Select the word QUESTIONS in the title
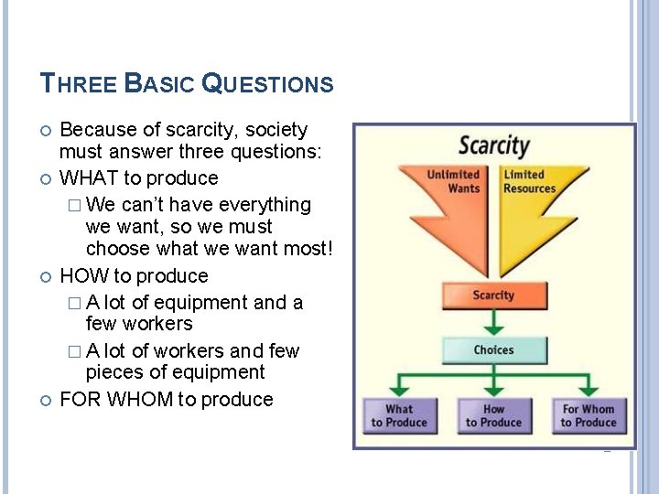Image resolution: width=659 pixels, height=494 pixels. click(x=267, y=84)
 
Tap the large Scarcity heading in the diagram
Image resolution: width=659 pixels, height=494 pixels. click(x=494, y=145)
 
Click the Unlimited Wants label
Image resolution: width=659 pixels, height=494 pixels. click(x=453, y=181)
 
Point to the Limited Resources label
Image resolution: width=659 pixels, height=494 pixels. click(x=529, y=181)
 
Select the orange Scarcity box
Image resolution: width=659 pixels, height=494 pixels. click(x=494, y=295)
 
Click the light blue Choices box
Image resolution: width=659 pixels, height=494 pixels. click(x=494, y=350)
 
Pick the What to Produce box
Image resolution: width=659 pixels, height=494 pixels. click(x=399, y=416)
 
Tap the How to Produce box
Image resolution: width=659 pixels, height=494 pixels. click(x=494, y=416)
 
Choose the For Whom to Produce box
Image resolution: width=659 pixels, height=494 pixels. click(x=589, y=416)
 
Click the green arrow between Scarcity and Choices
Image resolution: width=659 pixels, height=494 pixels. click(x=494, y=322)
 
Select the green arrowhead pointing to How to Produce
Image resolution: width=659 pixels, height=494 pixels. click(x=494, y=390)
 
